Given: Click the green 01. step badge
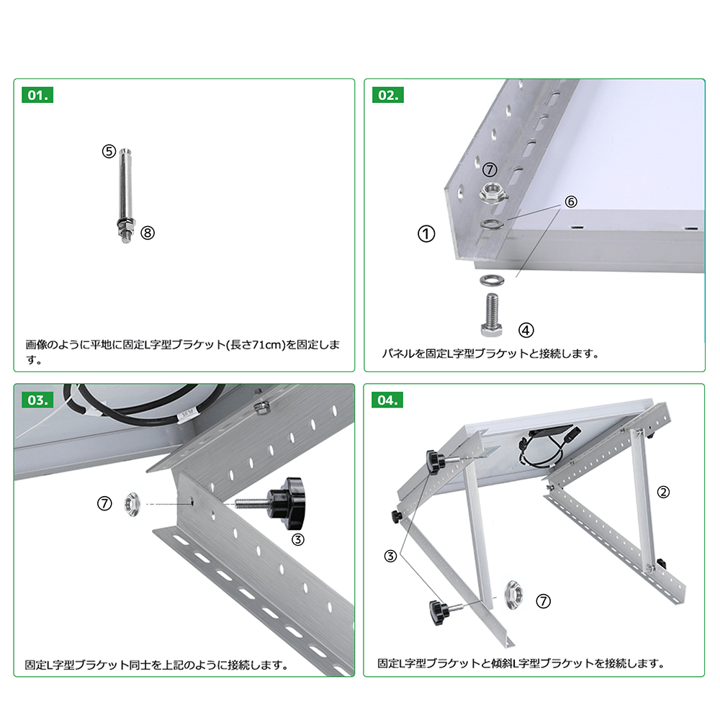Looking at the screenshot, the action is [x=37, y=95].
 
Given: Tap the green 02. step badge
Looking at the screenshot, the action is [x=388, y=95].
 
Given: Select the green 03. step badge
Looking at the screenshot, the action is [x=37, y=400].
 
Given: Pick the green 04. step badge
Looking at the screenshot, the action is [x=387, y=400].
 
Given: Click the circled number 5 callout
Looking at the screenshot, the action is [x=109, y=151].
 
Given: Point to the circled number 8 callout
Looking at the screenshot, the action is [x=148, y=233].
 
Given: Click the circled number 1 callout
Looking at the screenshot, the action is [x=426, y=234].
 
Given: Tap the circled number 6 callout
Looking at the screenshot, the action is [x=571, y=201].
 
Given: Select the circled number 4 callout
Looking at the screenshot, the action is [x=526, y=330].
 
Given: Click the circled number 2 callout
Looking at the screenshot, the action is [x=663, y=492].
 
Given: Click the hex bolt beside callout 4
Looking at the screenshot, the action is [x=492, y=315].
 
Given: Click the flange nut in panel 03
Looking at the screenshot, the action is [x=132, y=504].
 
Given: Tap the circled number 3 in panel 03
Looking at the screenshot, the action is [x=298, y=539].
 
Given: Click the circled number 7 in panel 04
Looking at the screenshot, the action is [x=543, y=601].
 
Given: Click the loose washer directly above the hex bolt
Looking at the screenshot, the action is [x=492, y=279].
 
